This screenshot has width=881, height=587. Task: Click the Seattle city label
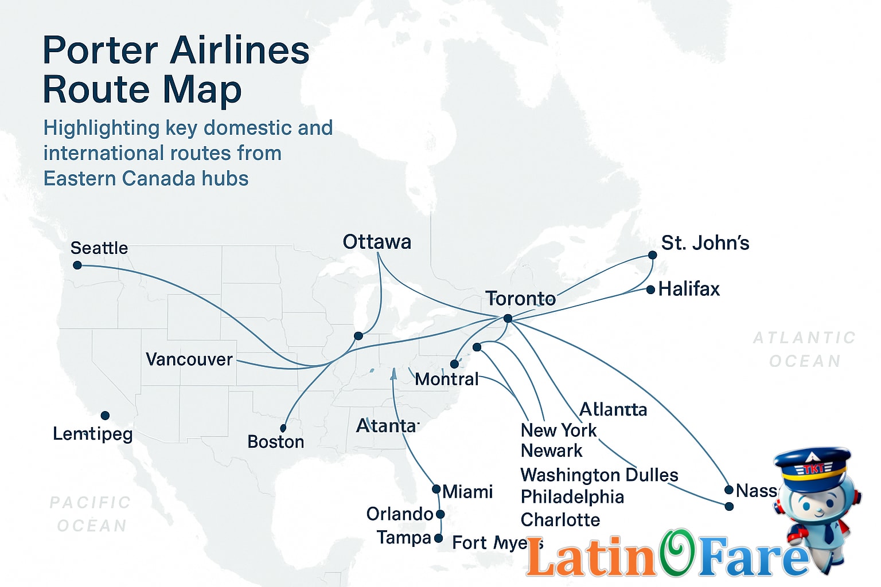(99, 248)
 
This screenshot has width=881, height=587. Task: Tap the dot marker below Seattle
(77, 265)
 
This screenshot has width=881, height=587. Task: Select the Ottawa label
(377, 242)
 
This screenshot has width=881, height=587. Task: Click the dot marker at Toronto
(508, 318)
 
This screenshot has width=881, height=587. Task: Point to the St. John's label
(705, 243)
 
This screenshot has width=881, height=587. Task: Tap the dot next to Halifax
(650, 290)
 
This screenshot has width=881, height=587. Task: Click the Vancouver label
(189, 359)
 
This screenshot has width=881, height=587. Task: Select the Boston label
(276, 442)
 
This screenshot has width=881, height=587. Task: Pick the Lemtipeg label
(93, 434)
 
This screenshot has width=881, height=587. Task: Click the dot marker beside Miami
(436, 490)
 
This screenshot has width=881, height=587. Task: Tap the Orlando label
(400, 514)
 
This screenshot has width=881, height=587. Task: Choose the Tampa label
(404, 538)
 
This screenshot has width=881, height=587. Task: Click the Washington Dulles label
(599, 475)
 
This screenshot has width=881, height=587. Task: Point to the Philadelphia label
(572, 497)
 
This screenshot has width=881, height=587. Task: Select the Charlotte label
(560, 520)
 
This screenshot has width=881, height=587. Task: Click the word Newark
(552, 451)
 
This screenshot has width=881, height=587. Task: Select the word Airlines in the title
(239, 50)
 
